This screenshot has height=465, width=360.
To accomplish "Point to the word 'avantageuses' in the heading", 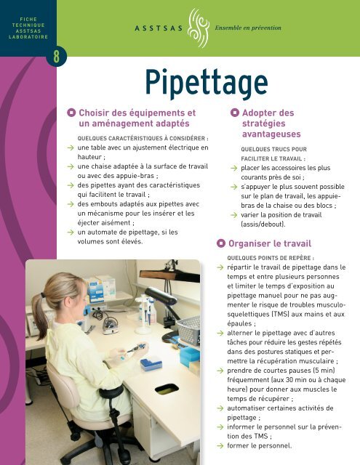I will (x=273, y=136).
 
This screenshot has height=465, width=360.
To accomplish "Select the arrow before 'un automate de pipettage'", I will (x=68, y=232).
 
